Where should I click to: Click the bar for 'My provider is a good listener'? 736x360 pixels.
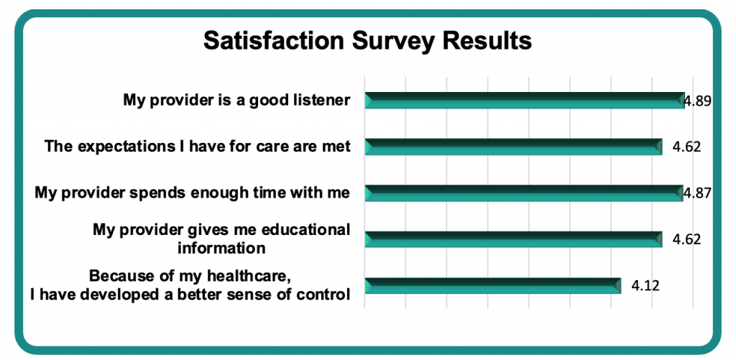click(525, 101)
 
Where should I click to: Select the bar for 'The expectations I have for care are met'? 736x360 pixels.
click(513, 147)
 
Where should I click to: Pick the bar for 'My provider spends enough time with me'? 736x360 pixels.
click(524, 193)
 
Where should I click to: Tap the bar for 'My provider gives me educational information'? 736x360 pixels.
click(513, 239)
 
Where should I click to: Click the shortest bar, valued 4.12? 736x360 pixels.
click(493, 285)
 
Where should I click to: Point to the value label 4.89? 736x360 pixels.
click(697, 101)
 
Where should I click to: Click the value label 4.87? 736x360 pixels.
click(697, 193)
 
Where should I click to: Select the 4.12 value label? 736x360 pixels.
click(645, 285)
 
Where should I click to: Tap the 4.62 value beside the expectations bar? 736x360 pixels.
click(686, 147)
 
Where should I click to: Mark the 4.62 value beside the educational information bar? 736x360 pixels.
click(686, 239)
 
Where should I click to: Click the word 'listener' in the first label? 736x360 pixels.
click(322, 100)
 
